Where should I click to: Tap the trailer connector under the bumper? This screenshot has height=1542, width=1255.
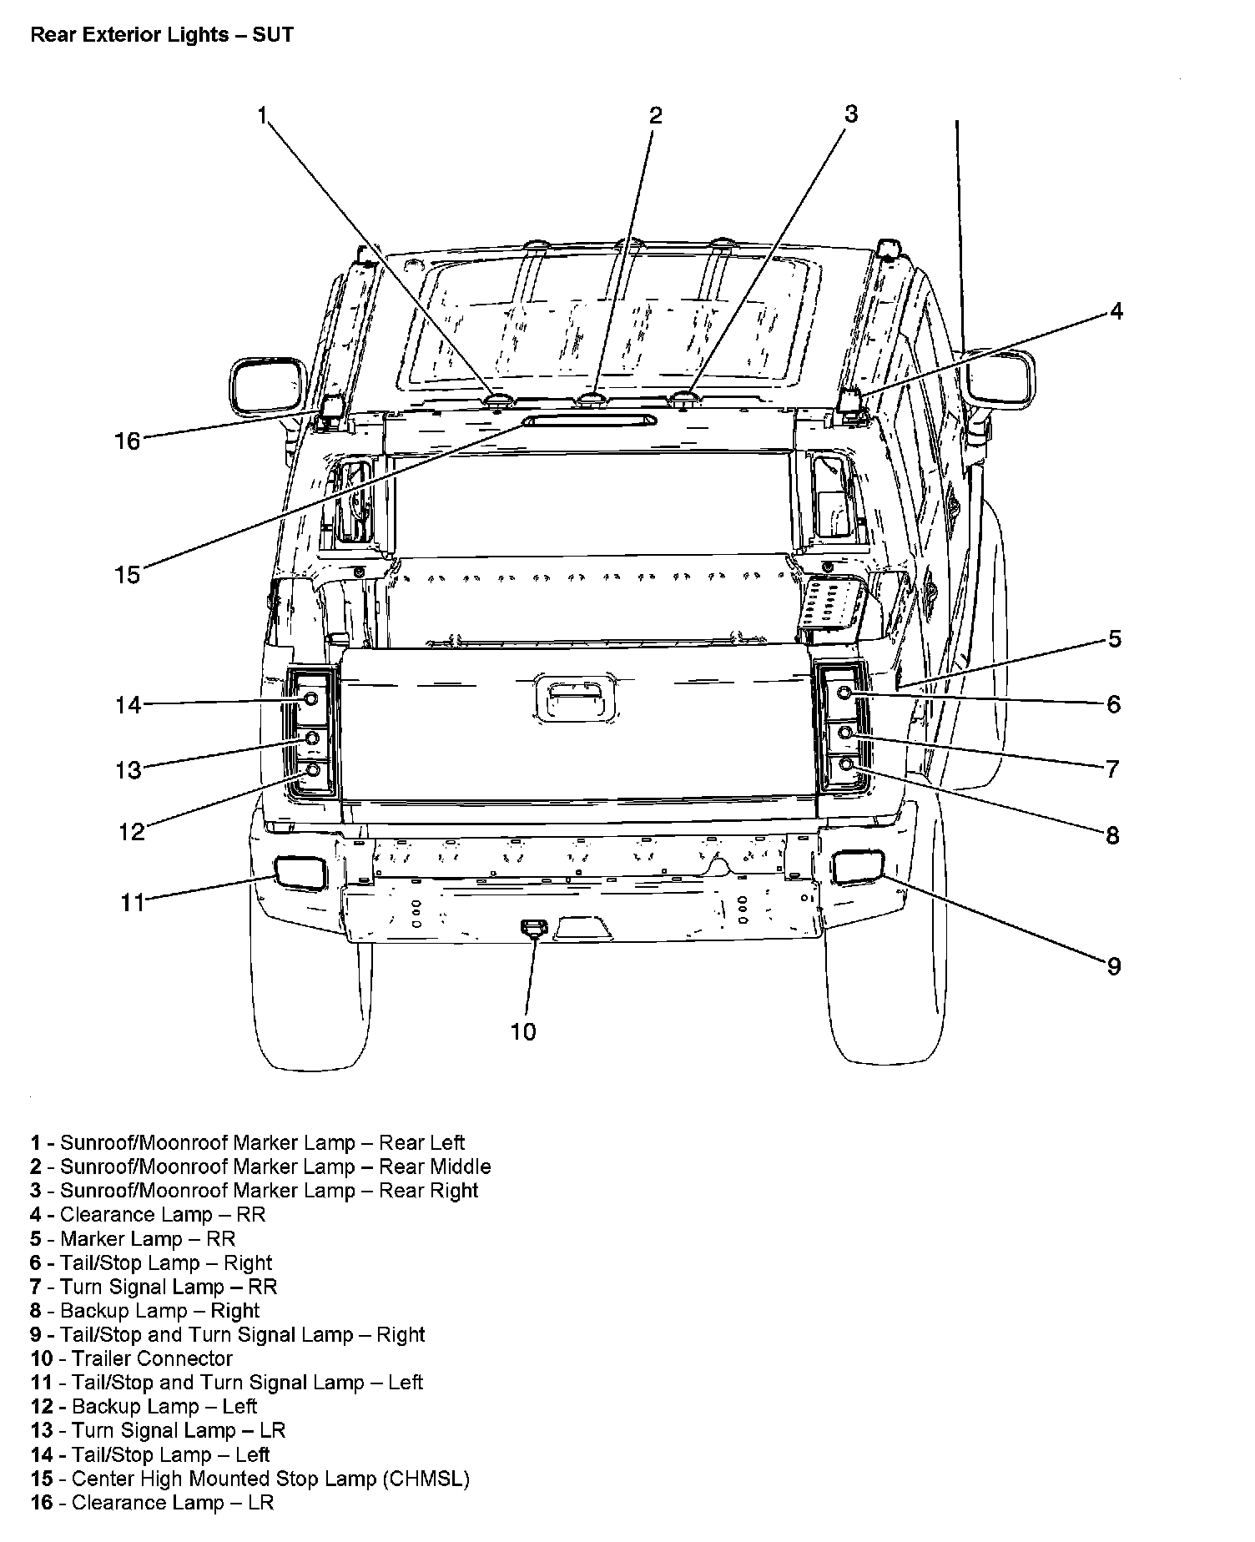tap(531, 925)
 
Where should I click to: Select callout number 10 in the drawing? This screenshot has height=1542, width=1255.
tap(523, 1032)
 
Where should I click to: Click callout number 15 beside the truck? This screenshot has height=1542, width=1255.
tap(128, 575)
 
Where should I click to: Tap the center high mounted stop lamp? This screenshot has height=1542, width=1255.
tap(589, 421)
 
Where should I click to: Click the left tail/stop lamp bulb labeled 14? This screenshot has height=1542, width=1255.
tap(310, 698)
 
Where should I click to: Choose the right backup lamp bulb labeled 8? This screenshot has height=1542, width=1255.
tap(845, 763)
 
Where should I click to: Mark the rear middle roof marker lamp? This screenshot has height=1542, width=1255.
tap(592, 400)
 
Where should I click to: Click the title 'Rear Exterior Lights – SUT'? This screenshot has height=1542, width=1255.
tap(162, 35)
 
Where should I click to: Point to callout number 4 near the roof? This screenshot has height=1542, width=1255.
tap(1116, 312)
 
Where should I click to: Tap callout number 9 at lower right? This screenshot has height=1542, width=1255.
tap(1113, 966)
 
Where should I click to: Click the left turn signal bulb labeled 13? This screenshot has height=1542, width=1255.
tap(312, 738)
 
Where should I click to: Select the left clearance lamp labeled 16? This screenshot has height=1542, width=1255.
tap(332, 408)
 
